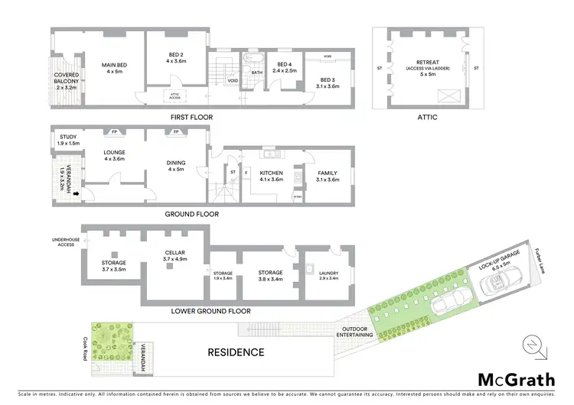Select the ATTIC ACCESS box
tap(175, 96)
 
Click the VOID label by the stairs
tap(233, 79)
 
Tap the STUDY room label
tap(68, 140)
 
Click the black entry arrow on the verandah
tap(75, 194)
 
